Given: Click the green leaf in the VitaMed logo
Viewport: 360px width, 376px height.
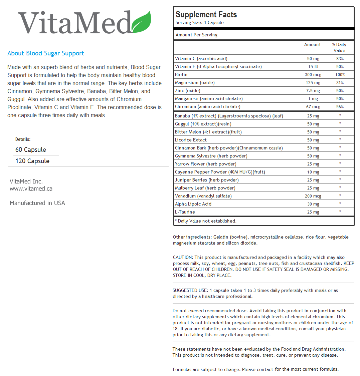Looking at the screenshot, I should [142, 23].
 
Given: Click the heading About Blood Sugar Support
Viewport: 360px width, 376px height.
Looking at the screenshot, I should [46, 53].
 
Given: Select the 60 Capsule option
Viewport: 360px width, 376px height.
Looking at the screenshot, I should [31, 149].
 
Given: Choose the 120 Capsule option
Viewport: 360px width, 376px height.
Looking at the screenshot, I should [32, 161].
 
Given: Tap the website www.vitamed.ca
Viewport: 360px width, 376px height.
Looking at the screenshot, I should [31, 189].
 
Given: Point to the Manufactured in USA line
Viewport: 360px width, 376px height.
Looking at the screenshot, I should [37, 203].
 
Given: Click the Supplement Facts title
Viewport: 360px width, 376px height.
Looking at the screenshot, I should [206, 15].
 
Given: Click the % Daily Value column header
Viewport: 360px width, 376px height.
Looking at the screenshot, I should [339, 47].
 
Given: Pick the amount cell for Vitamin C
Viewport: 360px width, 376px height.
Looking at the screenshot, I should [313, 59].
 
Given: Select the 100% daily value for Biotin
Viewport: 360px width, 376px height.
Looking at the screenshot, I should [340, 75].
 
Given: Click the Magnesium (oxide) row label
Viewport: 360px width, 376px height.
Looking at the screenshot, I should [195, 82].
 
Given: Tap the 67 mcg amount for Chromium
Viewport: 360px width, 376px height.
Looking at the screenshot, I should [313, 107].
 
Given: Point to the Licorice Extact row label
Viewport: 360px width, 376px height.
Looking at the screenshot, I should [191, 140].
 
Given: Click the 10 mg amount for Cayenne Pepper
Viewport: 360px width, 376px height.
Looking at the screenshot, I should [313, 172].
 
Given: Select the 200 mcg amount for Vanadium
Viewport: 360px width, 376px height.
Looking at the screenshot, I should [313, 196].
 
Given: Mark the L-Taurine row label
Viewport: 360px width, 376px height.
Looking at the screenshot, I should [185, 212].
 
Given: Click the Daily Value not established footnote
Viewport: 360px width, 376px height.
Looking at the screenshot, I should [205, 221].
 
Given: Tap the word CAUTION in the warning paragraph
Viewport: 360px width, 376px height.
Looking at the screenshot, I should [182, 257].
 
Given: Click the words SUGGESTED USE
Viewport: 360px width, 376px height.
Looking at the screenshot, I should [190, 290].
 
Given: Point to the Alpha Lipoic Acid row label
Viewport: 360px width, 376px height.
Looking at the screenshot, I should [193, 204].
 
